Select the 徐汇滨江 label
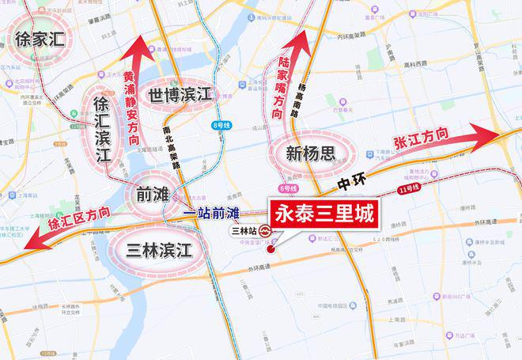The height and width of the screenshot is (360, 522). point(102,128)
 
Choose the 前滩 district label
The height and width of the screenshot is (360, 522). point(150,193)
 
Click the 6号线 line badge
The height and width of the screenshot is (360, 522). point(289,189)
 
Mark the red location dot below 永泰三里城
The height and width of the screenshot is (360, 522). point(270,249)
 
